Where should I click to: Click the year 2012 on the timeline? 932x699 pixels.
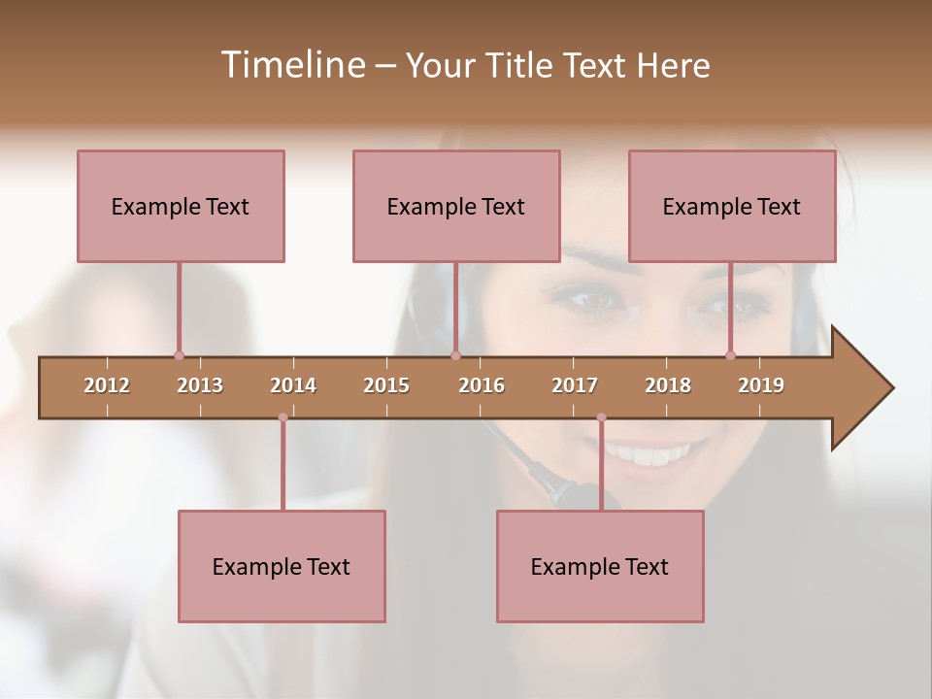pyautogui.click(x=107, y=385)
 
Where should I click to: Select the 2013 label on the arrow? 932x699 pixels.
pyautogui.click(x=200, y=385)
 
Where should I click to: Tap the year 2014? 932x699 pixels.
pyautogui.click(x=293, y=385)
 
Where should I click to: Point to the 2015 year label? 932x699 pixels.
pyautogui.click(x=386, y=385)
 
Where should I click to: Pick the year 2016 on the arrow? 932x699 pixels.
pyautogui.click(x=482, y=385)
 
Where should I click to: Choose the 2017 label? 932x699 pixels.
pyautogui.click(x=575, y=385)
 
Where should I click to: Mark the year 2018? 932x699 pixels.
pyautogui.click(x=668, y=385)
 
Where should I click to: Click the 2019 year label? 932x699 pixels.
pyautogui.click(x=761, y=385)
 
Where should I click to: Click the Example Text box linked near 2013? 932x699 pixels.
pyautogui.click(x=181, y=206)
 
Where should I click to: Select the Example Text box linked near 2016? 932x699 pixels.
pyautogui.click(x=456, y=206)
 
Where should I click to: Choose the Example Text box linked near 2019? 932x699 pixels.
pyautogui.click(x=732, y=206)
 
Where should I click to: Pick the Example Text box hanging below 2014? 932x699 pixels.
pyautogui.click(x=282, y=566)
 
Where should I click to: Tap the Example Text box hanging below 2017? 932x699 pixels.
pyautogui.click(x=600, y=566)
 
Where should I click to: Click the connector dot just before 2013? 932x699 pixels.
pyautogui.click(x=179, y=355)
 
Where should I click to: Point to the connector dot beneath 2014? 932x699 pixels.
pyautogui.click(x=283, y=417)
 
